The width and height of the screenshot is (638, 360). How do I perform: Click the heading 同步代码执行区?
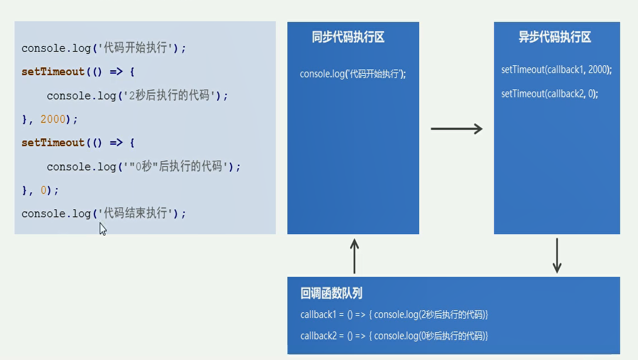tap(348, 38)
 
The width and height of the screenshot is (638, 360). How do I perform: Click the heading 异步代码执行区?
tap(555, 38)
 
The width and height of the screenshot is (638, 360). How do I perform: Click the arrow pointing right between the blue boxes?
tap(456, 129)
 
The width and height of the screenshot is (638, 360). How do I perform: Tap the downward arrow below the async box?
tap(557, 256)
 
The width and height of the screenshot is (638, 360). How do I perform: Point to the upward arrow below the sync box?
tap(354, 256)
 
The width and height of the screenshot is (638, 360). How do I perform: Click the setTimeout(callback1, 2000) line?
tap(556, 70)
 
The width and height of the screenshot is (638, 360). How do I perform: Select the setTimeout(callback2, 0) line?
tap(549, 94)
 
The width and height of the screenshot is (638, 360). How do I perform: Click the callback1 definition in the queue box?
tap(394, 315)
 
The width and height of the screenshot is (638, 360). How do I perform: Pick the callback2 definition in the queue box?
tap(394, 336)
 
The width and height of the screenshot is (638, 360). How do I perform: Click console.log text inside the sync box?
tap(352, 74)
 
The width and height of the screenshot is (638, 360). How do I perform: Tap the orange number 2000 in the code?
tap(53, 120)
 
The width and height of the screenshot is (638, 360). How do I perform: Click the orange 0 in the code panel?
tap(43, 191)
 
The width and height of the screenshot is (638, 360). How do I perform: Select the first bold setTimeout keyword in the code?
tap(53, 72)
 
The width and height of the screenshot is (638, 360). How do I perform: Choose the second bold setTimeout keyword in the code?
tap(53, 143)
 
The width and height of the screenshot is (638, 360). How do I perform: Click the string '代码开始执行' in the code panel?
tap(137, 48)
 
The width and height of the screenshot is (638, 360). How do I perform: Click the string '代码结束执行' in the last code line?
tap(137, 214)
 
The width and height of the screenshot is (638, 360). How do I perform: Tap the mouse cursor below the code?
tap(103, 229)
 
